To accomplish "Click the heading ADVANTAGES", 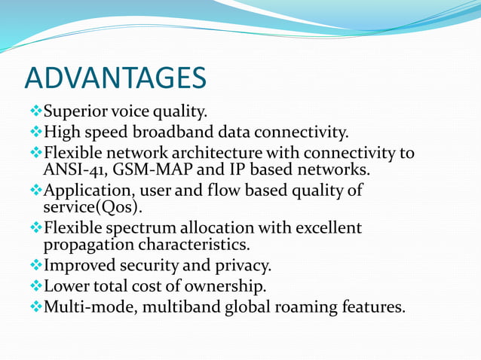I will [115, 78].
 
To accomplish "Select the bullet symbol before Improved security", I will [35, 265].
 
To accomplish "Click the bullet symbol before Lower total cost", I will [35, 286].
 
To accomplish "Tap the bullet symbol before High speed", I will [35, 133].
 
